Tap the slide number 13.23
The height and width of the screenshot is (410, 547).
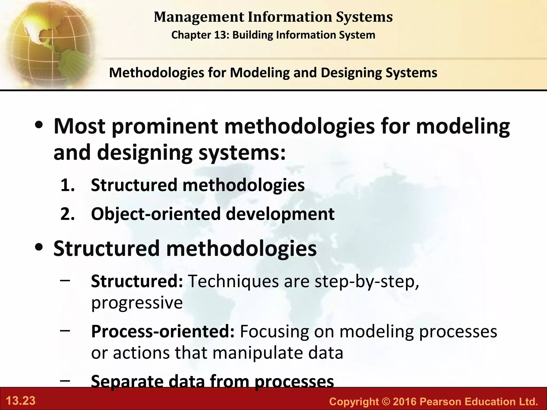(x=21, y=401)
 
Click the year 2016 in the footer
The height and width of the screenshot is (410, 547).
(x=404, y=401)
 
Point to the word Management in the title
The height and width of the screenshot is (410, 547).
(x=199, y=17)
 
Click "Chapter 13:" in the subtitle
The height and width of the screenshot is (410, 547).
(x=200, y=35)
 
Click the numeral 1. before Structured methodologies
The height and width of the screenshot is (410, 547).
(x=67, y=185)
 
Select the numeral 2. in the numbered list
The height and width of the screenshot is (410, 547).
(x=67, y=214)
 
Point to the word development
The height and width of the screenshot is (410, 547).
(x=280, y=214)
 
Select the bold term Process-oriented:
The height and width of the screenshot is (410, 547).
(x=163, y=331)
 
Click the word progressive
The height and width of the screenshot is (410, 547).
(x=137, y=303)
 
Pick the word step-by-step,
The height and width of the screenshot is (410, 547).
(x=367, y=281)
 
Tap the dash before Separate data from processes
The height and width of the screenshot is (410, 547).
(x=65, y=380)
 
